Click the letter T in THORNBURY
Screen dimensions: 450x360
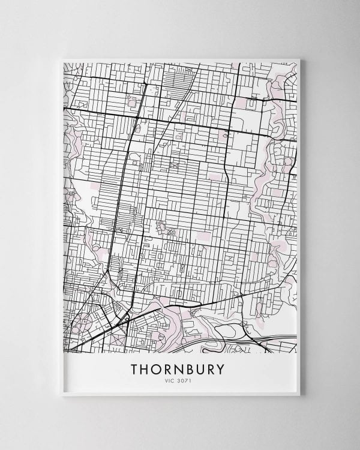(135, 368)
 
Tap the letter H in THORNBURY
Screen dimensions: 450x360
(147, 368)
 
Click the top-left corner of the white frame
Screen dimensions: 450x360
(63, 59)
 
